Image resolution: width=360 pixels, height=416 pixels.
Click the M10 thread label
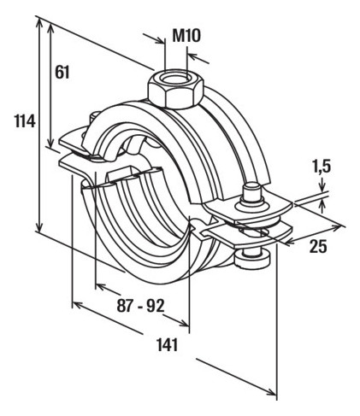pyautogui.click(x=186, y=36)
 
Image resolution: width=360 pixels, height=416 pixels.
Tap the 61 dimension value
pyautogui.click(x=62, y=72)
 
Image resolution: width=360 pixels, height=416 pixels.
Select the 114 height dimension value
pyautogui.click(x=25, y=121)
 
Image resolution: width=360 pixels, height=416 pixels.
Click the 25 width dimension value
pyautogui.click(x=318, y=246)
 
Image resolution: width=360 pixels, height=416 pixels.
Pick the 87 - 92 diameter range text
pyautogui.click(x=140, y=307)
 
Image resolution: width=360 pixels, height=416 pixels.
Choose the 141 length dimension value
pyautogui.click(x=168, y=345)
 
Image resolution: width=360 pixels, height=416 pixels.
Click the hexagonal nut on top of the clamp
pyautogui.click(x=175, y=88)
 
